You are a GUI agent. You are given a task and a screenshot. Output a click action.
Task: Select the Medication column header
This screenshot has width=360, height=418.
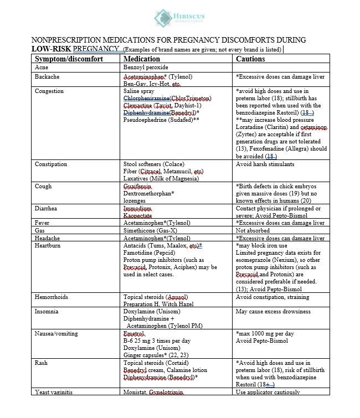(x=141, y=59)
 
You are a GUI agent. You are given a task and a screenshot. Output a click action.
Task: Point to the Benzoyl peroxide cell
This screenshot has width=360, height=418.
(x=145, y=68)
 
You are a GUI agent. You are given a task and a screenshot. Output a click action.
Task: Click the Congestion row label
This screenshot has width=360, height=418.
(x=49, y=91)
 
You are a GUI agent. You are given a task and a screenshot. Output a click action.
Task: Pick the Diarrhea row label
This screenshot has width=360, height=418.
(x=46, y=209)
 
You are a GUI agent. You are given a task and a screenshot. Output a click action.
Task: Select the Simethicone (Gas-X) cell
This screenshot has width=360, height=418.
(x=150, y=230)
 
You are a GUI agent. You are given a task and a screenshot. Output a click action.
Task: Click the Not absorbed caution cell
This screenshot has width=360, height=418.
(x=254, y=230)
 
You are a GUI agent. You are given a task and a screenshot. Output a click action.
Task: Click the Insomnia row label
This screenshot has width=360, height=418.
(x=47, y=312)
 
